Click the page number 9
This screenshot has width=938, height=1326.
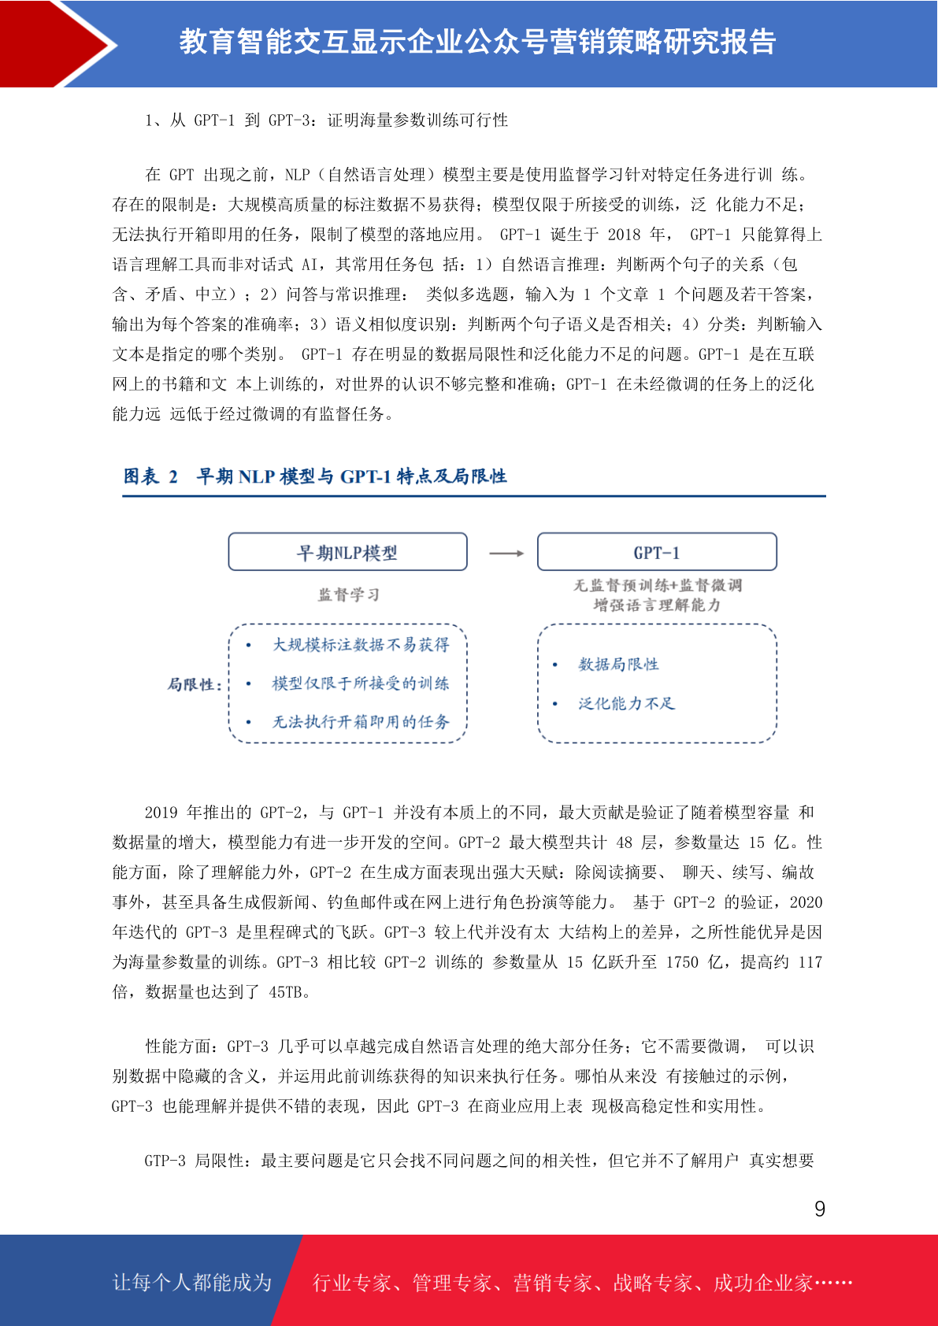point(820,1209)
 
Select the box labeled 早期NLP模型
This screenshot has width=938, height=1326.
point(347,552)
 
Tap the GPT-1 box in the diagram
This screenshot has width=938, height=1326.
point(657,552)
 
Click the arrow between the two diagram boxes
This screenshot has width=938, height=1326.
point(506,554)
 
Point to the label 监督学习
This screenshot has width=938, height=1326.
point(349,594)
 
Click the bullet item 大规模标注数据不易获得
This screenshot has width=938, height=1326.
point(361,645)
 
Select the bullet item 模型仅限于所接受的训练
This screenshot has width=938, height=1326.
point(361,683)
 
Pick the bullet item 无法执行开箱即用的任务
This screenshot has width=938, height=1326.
point(361,722)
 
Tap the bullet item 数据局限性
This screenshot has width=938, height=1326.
point(618,665)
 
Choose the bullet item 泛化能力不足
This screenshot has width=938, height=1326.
point(627,704)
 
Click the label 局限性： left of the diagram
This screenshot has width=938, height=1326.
point(195,684)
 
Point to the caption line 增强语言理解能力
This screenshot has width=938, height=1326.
point(657,605)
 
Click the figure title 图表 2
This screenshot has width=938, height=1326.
point(150,476)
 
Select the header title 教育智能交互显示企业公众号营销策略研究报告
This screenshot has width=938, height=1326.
point(477,42)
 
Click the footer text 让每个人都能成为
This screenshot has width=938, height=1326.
point(192,1283)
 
